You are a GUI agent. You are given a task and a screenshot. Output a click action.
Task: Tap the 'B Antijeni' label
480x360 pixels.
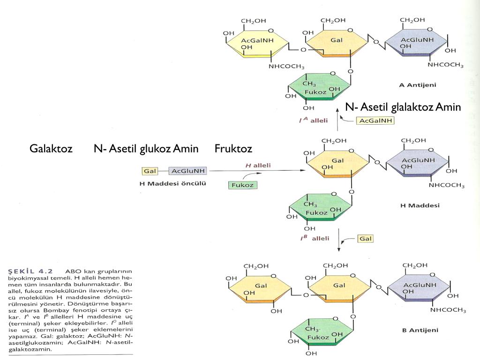pyautogui.click(x=420, y=330)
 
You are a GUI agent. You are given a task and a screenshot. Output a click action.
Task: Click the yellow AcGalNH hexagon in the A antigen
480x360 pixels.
pyautogui.click(x=257, y=44)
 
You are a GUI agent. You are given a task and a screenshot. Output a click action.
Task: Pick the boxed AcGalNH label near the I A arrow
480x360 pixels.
pyautogui.click(x=375, y=120)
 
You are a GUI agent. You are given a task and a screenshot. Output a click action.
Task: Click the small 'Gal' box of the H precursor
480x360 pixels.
pyautogui.click(x=150, y=171)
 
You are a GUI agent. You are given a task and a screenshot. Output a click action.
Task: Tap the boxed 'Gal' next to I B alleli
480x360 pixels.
pyautogui.click(x=366, y=239)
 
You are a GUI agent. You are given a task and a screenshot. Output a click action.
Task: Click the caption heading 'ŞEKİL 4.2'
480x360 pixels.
pyautogui.click(x=31, y=270)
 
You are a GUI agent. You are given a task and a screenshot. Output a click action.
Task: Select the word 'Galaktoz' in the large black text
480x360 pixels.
pyautogui.click(x=51, y=149)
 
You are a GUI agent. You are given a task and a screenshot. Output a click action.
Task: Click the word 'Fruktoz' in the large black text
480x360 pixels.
pyautogui.click(x=233, y=149)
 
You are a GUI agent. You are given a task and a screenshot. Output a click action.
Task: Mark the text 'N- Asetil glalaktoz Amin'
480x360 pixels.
pyautogui.click(x=403, y=107)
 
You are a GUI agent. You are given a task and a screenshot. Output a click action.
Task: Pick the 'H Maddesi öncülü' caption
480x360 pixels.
pyautogui.click(x=173, y=183)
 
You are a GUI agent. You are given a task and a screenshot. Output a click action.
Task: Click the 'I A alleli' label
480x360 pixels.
pyautogui.click(x=313, y=120)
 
